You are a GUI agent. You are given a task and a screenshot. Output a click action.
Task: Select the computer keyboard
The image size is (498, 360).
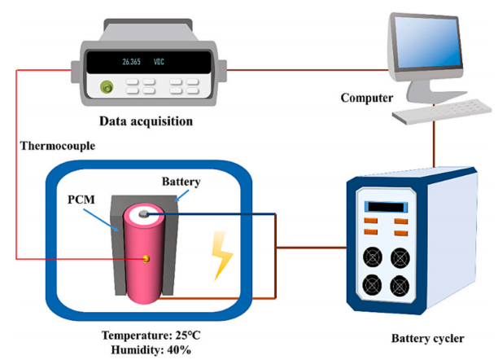pos(426,115)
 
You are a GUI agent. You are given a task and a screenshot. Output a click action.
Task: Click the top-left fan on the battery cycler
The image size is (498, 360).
pos(373,257)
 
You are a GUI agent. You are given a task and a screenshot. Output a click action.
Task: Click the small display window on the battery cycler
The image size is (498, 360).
pos(387,205)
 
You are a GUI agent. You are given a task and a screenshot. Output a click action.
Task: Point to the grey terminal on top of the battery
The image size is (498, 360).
pos(144,213)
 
